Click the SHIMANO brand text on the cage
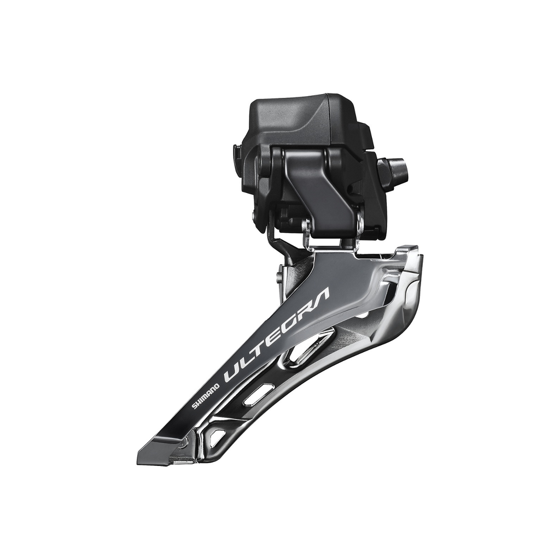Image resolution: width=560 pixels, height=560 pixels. [206, 395]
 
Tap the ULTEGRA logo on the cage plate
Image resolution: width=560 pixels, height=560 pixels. [277, 335]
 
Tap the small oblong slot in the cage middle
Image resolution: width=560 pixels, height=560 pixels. [259, 394]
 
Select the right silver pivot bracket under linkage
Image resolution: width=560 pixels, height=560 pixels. [359, 227]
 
